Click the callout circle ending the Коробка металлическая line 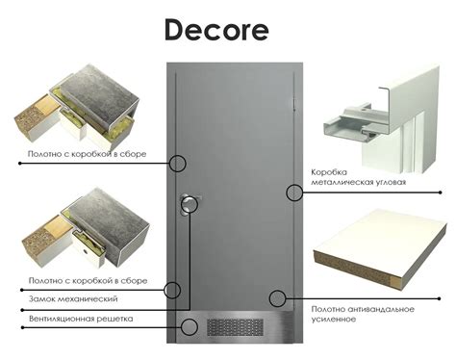coord(294,193)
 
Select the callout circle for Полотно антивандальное coord(278,297)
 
